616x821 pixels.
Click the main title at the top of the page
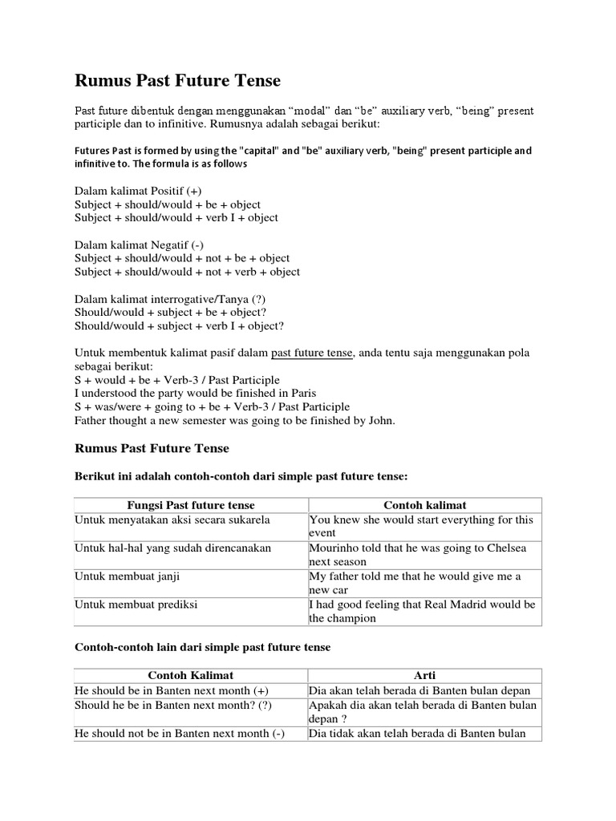pyautogui.click(x=177, y=81)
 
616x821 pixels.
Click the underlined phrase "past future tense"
pyautogui.click(x=311, y=353)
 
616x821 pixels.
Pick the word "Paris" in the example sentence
pyautogui.click(x=302, y=393)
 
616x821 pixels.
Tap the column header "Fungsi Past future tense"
pyautogui.click(x=191, y=505)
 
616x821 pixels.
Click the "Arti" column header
pyautogui.click(x=425, y=675)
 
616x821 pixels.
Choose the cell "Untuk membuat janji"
pyautogui.click(x=126, y=576)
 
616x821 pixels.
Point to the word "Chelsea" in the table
pyautogui.click(x=506, y=548)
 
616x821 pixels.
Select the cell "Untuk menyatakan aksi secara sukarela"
pyautogui.click(x=172, y=520)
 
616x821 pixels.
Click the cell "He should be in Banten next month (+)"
pyautogui.click(x=172, y=690)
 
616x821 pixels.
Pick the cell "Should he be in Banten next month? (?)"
pyautogui.click(x=173, y=705)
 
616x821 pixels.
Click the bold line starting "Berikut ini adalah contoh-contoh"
pyautogui.click(x=241, y=476)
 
